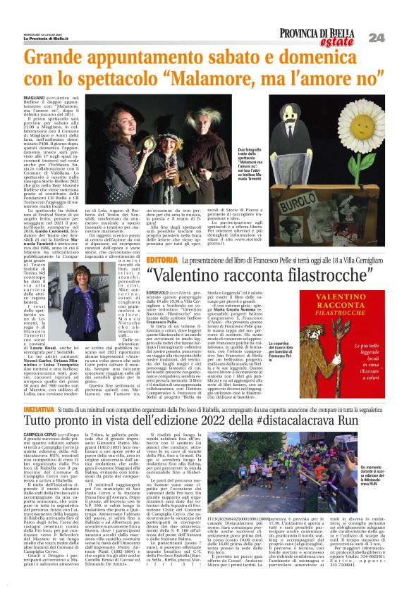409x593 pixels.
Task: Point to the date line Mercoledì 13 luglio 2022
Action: (x=36, y=34)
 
